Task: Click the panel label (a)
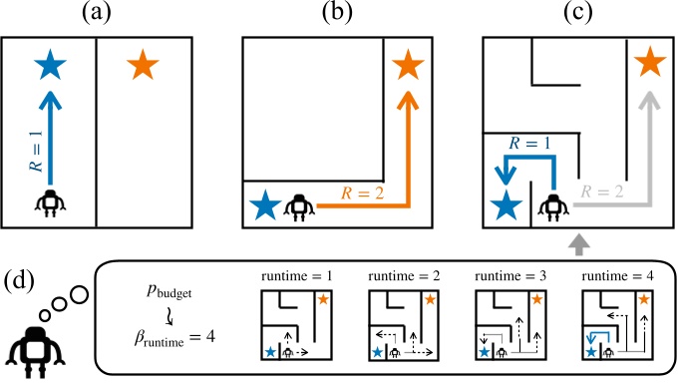pyautogui.click(x=96, y=17)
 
